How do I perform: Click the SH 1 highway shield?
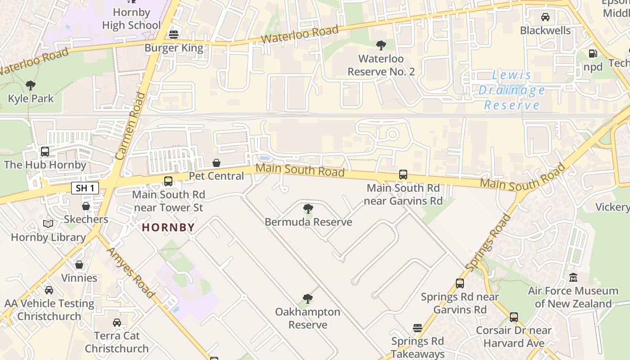point(85,188)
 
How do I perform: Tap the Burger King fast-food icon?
point(173,35)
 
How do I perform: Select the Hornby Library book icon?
point(48,224)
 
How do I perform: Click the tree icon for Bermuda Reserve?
point(308,208)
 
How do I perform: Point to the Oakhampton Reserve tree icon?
point(308,298)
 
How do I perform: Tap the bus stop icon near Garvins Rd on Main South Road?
point(403,175)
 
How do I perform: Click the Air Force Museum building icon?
point(573,277)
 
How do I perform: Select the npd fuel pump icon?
point(593,54)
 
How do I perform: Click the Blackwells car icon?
point(545,17)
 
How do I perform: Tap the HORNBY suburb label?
point(168,228)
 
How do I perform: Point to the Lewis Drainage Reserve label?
point(512,90)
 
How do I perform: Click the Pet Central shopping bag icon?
point(216,162)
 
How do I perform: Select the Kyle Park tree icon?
point(31,85)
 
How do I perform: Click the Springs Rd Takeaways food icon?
point(418,328)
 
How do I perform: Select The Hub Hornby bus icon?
point(45,152)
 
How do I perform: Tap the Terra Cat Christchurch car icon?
point(117,322)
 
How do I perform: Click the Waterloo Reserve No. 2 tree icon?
point(381,45)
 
